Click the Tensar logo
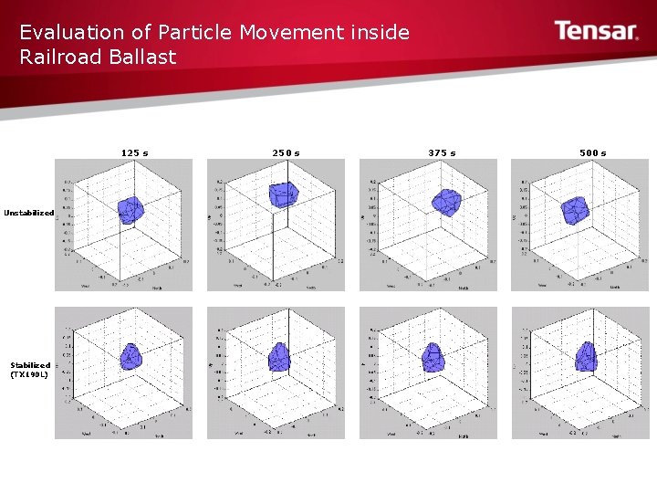(x=597, y=32)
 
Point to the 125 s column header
(x=135, y=152)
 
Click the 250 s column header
(x=286, y=152)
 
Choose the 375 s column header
(x=442, y=152)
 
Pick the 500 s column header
(x=593, y=152)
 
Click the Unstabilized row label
(x=28, y=213)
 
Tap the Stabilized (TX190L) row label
(x=30, y=369)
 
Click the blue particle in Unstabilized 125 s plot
(x=130, y=210)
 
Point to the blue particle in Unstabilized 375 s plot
(x=446, y=202)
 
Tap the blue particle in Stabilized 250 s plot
(x=279, y=356)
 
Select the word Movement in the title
(x=291, y=33)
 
